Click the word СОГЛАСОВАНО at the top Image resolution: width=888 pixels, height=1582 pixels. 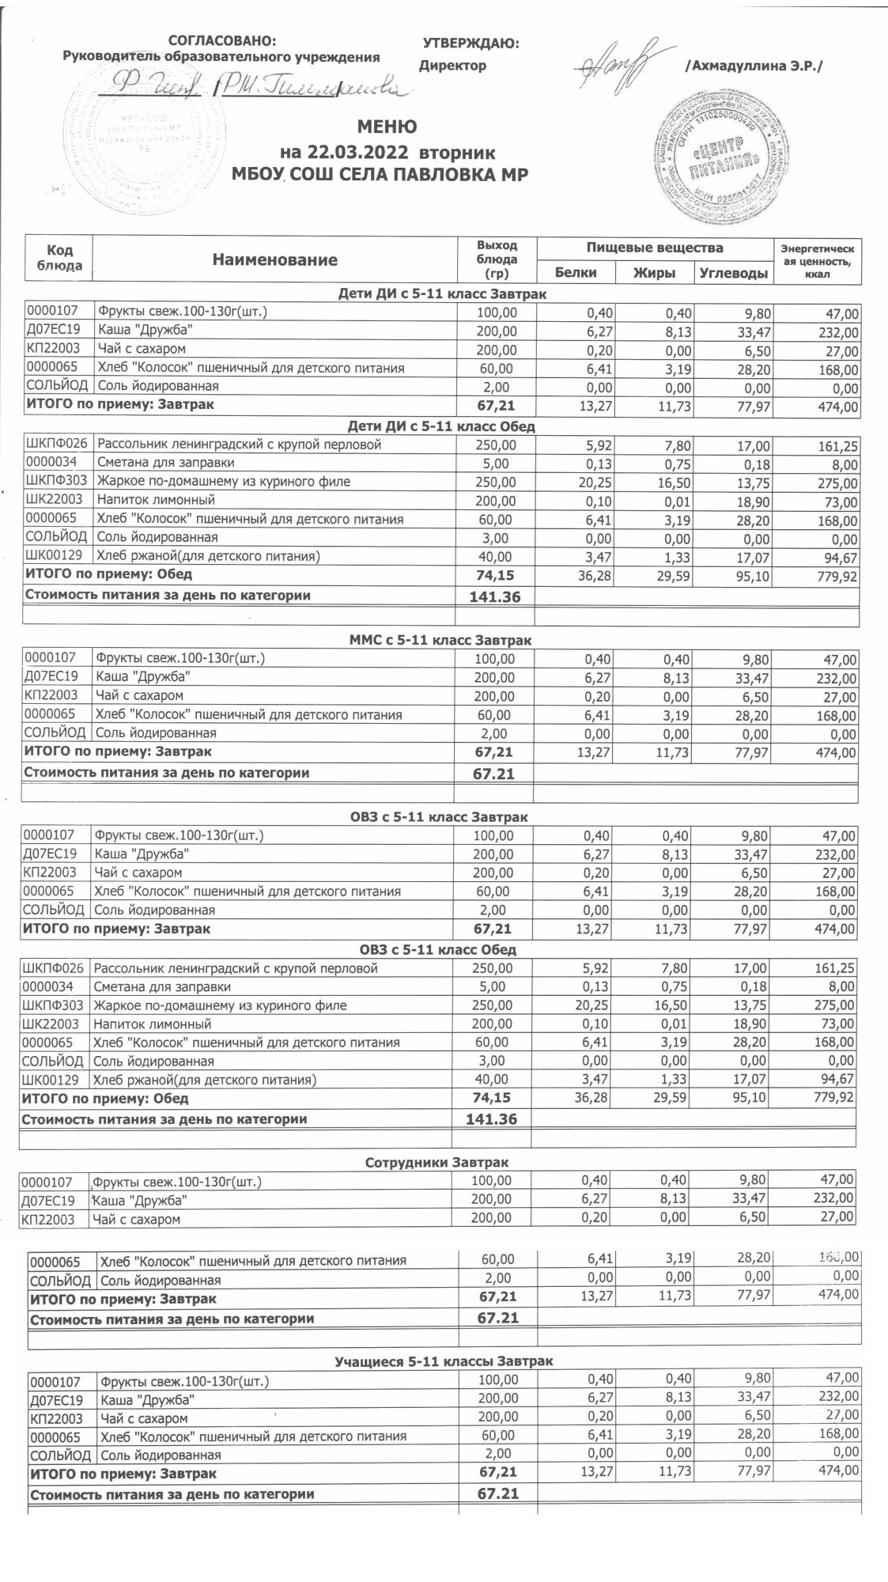224,41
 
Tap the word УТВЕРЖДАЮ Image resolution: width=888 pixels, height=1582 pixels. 471,44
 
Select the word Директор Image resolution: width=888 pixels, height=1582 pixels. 453,66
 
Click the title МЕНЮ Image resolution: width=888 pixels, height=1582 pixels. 387,127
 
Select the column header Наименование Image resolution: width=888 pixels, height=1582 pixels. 274,259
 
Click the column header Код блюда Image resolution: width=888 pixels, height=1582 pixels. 60,257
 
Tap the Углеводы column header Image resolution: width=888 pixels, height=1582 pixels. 733,274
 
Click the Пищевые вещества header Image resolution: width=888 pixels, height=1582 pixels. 654,248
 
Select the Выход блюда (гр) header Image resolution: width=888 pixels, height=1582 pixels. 497,259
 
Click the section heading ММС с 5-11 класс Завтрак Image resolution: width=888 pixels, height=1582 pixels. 440,641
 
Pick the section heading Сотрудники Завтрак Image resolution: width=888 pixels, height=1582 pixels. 437,1162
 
